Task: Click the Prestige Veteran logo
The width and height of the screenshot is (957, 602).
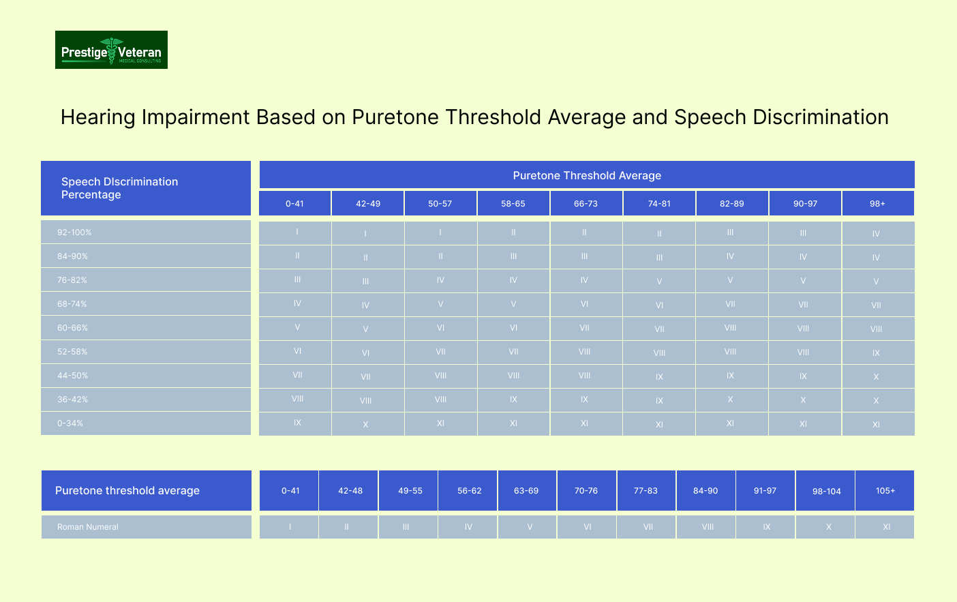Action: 111,50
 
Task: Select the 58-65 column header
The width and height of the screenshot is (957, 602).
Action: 513,204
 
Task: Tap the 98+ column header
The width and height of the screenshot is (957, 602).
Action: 878,204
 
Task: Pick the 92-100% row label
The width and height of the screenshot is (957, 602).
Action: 74,232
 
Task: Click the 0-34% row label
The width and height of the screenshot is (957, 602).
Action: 70,423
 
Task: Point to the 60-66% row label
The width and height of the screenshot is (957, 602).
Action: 73,328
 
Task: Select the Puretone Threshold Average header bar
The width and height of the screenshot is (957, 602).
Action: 587,175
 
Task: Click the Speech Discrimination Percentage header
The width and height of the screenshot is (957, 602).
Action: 119,188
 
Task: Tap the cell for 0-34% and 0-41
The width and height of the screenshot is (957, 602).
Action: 297,423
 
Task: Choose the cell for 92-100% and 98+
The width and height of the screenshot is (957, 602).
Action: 876,234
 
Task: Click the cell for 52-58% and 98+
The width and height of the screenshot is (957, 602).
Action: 876,353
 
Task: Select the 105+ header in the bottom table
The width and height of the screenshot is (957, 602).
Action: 885,491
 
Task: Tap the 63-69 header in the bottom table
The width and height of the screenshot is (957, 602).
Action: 526,491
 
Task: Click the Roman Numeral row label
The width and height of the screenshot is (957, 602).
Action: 88,527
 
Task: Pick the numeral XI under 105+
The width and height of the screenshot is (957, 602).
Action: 886,527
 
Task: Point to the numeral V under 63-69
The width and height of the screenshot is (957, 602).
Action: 530,527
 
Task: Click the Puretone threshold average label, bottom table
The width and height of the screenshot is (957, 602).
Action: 127,491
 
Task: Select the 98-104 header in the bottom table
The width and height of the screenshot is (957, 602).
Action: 827,492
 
